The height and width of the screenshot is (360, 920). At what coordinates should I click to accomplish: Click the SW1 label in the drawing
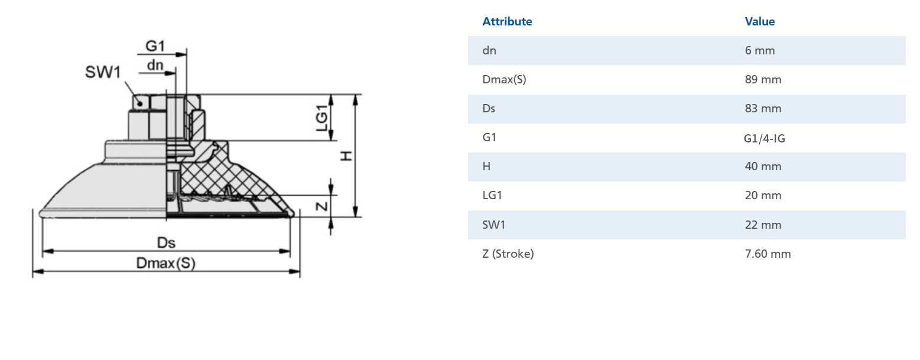103,72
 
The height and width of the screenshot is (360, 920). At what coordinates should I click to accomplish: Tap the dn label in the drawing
155,65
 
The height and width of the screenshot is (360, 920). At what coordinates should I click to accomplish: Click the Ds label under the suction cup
166,243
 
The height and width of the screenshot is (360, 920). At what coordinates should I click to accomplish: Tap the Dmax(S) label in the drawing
165,264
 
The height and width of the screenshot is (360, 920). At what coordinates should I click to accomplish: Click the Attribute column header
507,22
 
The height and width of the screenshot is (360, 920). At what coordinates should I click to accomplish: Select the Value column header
759,22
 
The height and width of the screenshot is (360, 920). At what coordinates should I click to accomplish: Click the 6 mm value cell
759,51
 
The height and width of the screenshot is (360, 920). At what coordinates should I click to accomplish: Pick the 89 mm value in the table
763,80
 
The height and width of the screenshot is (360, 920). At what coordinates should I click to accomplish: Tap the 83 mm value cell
763,109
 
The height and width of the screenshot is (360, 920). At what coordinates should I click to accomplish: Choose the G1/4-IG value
765,138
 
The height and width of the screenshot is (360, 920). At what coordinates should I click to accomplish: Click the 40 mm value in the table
763,167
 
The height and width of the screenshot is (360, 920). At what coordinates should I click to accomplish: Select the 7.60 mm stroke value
768,254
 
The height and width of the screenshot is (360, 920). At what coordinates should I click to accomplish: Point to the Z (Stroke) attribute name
508,254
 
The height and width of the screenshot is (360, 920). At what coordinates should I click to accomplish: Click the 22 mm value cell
763,225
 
